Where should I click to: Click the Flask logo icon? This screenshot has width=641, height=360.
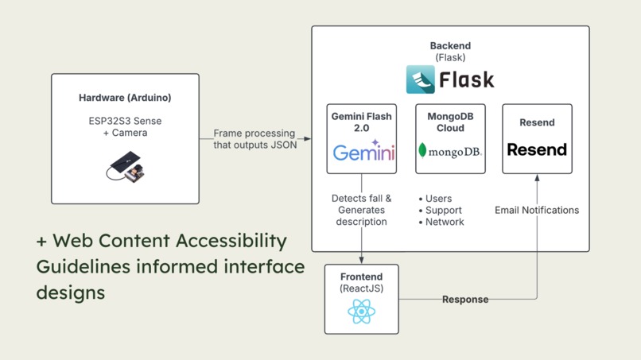(x=420, y=79)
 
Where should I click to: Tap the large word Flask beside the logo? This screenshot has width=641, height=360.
(x=467, y=79)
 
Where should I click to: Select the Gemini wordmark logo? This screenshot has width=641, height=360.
(x=363, y=151)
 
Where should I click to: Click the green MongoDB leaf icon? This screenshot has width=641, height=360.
(x=423, y=150)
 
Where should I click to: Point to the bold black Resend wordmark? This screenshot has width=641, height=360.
(x=537, y=149)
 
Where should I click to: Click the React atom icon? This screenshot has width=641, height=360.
(x=361, y=312)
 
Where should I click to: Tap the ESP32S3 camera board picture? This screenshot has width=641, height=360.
(x=126, y=167)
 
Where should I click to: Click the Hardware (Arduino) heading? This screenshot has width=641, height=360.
(x=125, y=98)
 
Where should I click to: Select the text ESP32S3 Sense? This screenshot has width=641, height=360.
(x=125, y=121)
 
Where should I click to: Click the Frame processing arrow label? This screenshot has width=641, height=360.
(x=254, y=139)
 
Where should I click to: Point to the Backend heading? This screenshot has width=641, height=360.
(x=450, y=46)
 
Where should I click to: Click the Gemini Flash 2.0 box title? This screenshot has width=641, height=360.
(x=361, y=122)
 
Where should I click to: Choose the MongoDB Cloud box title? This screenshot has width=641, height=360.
(x=450, y=122)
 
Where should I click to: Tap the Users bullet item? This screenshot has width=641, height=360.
(x=435, y=199)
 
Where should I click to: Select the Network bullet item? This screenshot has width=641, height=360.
(x=441, y=222)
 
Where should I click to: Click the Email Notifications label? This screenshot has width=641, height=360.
(x=537, y=210)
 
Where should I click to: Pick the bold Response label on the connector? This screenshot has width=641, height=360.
(x=465, y=300)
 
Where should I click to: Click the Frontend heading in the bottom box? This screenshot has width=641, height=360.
(x=361, y=277)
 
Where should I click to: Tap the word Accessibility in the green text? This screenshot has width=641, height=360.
(x=231, y=241)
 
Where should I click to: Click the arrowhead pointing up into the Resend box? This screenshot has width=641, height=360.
(x=537, y=178)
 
